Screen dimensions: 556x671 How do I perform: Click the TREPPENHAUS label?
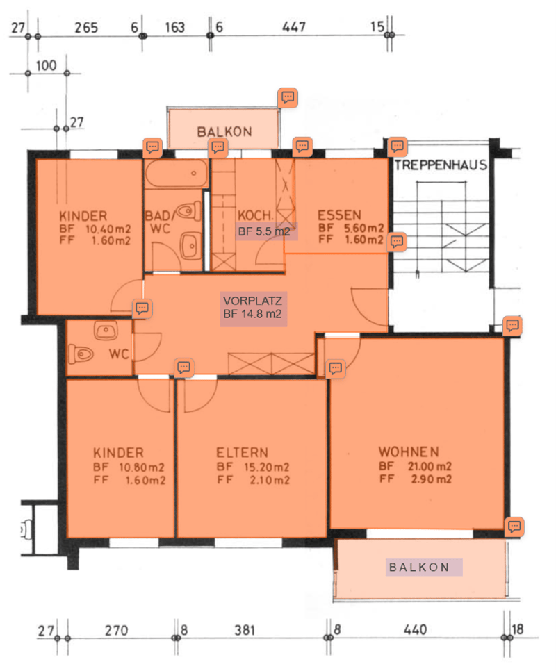441,165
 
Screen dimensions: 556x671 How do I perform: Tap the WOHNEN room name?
409,452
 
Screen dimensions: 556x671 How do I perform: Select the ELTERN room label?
243,453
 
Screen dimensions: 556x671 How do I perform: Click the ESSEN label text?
339,215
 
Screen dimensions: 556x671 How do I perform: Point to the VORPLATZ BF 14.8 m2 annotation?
254,307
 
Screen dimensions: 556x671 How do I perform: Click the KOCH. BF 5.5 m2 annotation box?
265,231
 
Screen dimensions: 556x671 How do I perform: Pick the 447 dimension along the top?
294,27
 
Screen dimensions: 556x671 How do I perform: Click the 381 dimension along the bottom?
245,630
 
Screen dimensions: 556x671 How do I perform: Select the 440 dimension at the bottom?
415,629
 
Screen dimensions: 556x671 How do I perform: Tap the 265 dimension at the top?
86,28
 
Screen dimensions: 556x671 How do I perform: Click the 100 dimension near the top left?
46,65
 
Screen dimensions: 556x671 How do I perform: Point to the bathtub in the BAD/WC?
177,174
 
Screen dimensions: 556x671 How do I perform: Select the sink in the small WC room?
106,331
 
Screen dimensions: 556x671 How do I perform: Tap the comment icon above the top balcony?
288,97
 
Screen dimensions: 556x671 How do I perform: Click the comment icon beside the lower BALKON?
514,527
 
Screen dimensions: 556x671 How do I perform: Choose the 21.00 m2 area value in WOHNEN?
430,466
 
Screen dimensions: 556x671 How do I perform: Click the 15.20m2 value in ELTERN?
267,467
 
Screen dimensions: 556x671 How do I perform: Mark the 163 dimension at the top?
175,28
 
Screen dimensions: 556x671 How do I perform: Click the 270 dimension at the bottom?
117,630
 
